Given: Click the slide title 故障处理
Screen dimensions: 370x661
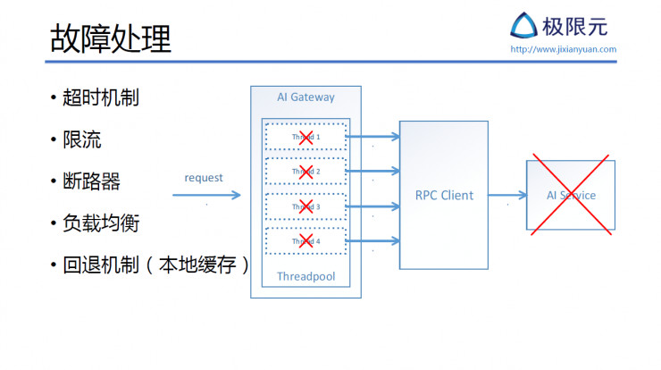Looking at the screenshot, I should coord(109,38).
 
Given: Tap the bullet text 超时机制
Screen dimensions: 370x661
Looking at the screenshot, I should coord(100,97).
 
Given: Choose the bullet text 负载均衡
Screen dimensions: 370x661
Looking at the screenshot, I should coord(100,223).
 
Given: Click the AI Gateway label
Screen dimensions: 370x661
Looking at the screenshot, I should coord(305,97).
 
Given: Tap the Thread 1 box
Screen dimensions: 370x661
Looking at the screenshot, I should coord(305,137).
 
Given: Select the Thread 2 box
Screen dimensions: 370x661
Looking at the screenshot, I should coord(305,171).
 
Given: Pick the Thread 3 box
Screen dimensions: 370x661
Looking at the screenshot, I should coord(305,206).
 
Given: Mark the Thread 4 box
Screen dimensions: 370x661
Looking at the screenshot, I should coord(305,240).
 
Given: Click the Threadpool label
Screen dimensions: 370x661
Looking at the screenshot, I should coord(305,276).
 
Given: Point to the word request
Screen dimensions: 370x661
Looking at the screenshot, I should coord(204,178).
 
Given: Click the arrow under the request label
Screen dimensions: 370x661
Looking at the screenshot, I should coord(206,195).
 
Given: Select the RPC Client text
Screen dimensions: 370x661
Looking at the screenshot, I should coord(444,195).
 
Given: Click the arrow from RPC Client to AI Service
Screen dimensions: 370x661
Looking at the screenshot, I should coord(507,195).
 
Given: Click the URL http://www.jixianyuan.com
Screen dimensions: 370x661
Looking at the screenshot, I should coord(563,49).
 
